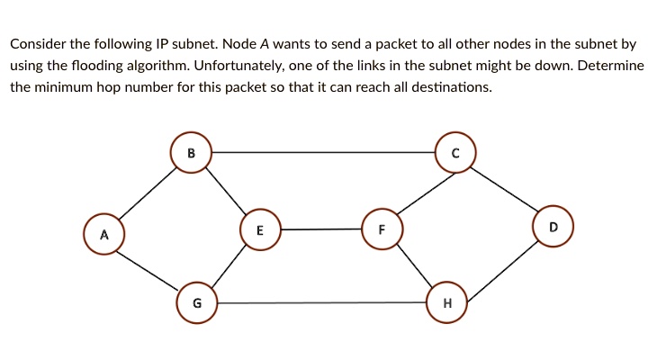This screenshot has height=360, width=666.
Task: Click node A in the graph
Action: coord(104,235)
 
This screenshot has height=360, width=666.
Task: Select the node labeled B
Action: coord(191,153)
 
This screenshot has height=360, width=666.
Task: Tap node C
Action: coord(455,153)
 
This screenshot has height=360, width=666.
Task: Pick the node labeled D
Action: coord(553,228)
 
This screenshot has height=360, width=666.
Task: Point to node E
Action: coord(260,229)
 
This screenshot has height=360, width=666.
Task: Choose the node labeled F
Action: coord(382,229)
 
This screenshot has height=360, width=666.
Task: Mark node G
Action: coord(197,303)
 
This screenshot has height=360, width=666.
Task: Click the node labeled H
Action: coord(447,303)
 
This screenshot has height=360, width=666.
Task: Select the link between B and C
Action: coord(323,153)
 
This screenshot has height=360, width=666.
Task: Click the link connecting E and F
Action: coord(320,229)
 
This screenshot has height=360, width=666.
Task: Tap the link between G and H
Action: coord(322,303)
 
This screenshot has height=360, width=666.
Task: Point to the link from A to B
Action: coord(148,193)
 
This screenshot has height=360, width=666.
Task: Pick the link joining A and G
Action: coord(150,269)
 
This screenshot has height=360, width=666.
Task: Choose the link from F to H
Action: coord(415,267)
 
